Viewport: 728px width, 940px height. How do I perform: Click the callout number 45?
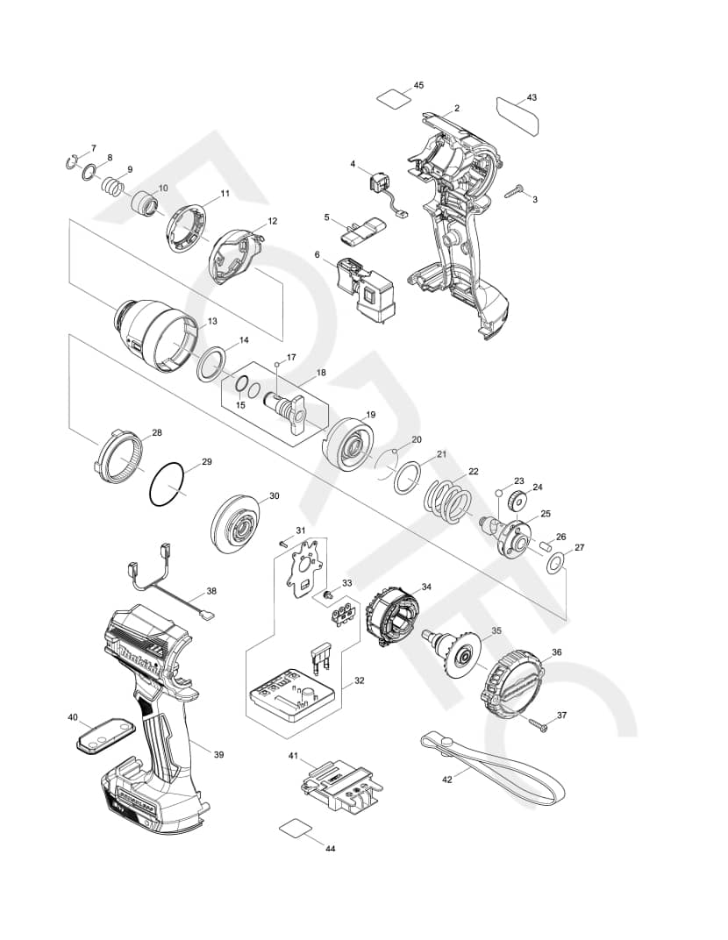418,85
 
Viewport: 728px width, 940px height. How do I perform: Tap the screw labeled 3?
515,189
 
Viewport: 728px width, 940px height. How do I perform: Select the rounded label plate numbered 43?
517,116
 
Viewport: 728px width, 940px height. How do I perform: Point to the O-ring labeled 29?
168,484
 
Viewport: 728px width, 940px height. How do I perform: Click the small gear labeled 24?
515,502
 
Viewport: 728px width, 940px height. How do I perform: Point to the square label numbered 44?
295,829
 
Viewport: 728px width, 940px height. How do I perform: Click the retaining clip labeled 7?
73,160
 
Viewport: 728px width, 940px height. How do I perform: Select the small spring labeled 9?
111,187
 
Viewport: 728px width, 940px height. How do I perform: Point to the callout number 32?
360,680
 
